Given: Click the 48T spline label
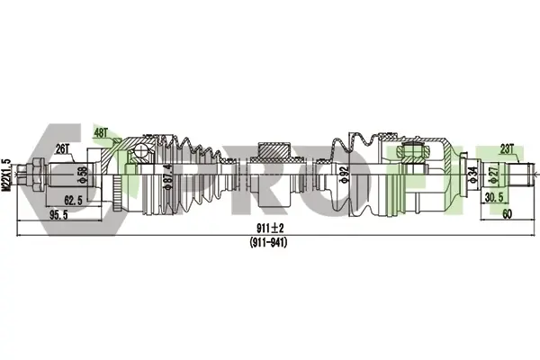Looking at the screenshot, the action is tap(101, 133).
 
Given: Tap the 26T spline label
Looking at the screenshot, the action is tap(63, 148).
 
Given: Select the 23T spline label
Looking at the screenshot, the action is tap(507, 149).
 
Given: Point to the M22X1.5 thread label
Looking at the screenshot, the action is tap(6, 175).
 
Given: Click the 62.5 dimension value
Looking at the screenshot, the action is tap(74, 200).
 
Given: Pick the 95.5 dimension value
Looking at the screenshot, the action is tap(58, 215).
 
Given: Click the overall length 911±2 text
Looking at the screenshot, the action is tap(270, 228).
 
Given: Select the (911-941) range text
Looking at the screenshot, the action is tap(268, 242).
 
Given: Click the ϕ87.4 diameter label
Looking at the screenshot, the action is tap(168, 176).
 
